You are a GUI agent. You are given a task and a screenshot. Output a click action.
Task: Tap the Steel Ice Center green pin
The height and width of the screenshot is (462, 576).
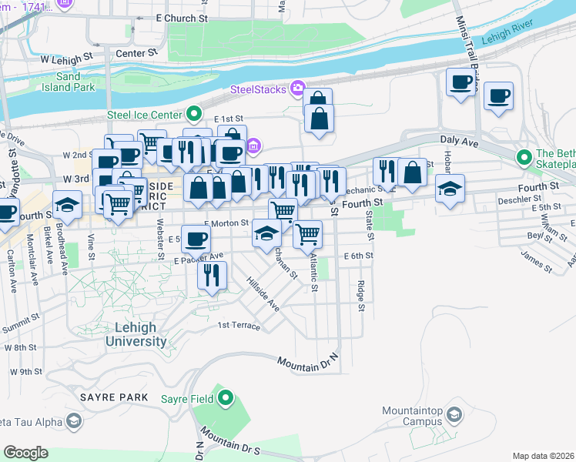click(x=195, y=115)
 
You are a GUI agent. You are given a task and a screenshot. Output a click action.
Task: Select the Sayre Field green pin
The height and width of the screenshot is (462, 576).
click(x=225, y=398)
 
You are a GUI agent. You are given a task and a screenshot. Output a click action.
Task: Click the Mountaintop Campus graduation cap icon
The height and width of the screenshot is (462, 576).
click(x=454, y=417)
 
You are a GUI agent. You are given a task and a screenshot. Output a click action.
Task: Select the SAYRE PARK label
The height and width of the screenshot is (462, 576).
click(x=113, y=397)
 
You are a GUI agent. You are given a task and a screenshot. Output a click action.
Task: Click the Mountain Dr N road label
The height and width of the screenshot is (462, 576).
click(x=308, y=361)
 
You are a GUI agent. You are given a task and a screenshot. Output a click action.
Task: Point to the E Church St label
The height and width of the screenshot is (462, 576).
click(x=183, y=18)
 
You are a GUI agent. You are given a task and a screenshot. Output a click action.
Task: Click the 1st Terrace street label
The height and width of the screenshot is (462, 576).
click(x=239, y=326)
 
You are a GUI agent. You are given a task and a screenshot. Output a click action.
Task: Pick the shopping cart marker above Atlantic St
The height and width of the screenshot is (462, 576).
click(x=307, y=232)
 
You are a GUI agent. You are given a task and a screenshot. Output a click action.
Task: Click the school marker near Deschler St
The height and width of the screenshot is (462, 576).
click(x=450, y=188)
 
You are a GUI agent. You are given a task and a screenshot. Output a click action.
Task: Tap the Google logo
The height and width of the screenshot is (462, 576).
click(x=26, y=453)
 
